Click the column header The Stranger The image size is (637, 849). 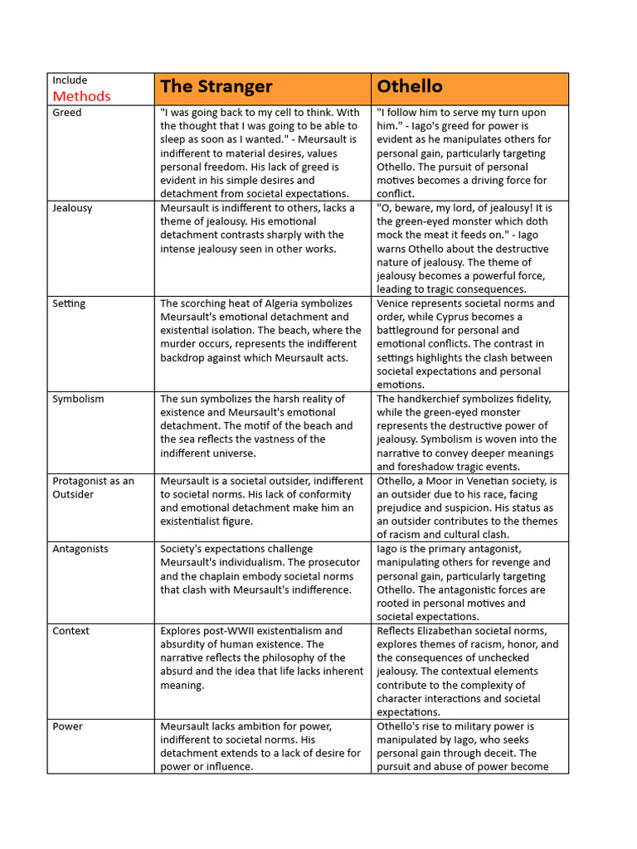pos(216,87)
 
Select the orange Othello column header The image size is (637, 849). pos(410,87)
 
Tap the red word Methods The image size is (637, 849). pos(81,96)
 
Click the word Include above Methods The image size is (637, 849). pos(70,80)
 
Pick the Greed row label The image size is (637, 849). pos(67,113)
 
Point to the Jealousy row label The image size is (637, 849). pos(72,208)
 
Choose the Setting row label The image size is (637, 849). pos(69,303)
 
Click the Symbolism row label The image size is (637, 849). pos(78,399)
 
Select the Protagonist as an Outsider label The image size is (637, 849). pos(92,488)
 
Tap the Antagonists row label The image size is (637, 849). pos(80,549)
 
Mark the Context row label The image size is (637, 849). pos(71,631)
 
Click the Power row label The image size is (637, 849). pos(67,726)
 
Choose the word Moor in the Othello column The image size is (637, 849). pos(445,481)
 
